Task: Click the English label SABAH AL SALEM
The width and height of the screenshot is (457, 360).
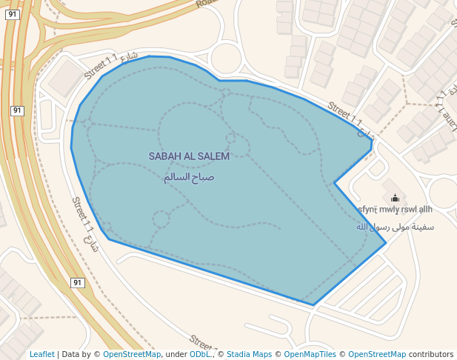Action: (189, 156)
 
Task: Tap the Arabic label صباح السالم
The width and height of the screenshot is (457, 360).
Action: (189, 178)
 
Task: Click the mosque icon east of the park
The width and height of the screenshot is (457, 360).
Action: (395, 198)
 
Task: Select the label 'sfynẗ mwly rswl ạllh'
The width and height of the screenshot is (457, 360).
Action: (395, 210)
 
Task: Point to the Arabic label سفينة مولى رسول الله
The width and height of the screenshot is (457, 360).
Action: (395, 227)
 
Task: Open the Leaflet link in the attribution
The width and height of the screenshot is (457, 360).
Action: (41, 355)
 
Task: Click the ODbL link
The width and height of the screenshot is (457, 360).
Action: (200, 355)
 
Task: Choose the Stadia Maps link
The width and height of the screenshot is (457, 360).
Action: (249, 355)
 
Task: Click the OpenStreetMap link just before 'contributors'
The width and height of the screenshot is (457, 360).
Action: (377, 355)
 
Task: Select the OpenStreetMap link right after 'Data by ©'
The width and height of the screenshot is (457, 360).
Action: (132, 355)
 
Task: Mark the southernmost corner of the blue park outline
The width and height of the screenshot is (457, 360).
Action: (313, 304)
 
